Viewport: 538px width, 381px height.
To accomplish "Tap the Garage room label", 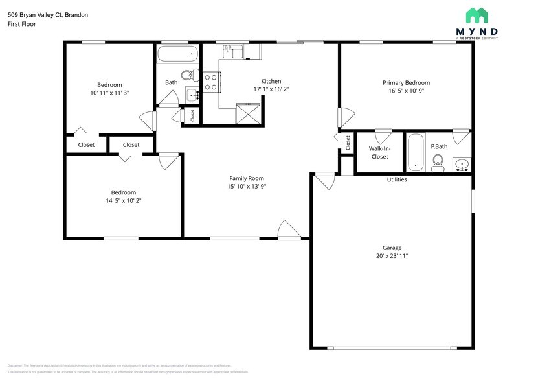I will click(x=392, y=248).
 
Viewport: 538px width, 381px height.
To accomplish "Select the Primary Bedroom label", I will click(x=406, y=82).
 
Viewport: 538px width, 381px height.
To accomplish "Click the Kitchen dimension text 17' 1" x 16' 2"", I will click(x=271, y=89).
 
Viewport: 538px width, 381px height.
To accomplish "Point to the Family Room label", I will click(x=247, y=178).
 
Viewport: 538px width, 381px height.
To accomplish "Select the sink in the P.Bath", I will click(x=462, y=165).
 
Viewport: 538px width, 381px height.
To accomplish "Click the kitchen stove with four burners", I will click(x=211, y=82).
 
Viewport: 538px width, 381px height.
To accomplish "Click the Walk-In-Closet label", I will click(x=379, y=152).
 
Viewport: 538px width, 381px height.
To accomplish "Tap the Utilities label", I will click(x=397, y=179).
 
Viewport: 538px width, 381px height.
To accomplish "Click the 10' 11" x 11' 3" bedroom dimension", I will click(x=109, y=93).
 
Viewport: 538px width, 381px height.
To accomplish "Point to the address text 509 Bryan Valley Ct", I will click(x=48, y=14).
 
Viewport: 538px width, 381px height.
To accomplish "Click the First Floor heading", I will click(x=22, y=24).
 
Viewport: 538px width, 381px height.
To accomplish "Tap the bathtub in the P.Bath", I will click(x=415, y=152).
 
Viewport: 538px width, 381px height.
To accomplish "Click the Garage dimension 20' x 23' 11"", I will click(x=392, y=256).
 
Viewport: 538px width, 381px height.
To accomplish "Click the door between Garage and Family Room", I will click(x=325, y=179).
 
